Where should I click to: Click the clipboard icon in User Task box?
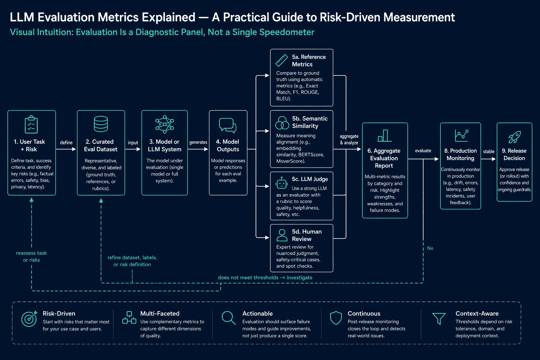pos(31,124)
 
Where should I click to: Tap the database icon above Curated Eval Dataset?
pos(101,124)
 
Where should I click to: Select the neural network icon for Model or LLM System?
pos(165,124)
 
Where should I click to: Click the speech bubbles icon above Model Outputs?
pos(227,126)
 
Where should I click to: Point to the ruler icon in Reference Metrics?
pos(282,60)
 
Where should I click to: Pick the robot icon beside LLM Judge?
pos(281,183)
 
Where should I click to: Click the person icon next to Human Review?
pos(282,235)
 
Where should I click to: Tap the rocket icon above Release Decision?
pos(514,137)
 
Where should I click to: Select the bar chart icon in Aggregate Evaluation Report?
pos(385,135)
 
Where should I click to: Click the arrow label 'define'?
pos(66,142)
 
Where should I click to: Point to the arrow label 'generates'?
pos(198,142)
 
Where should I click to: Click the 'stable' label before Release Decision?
pos(489,152)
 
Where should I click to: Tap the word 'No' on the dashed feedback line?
pos(430,248)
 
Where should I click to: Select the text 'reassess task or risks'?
pos(31,256)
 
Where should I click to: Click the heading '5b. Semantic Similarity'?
pos(310,122)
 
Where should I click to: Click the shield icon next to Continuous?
pos(336,318)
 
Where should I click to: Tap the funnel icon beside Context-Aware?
pos(439,319)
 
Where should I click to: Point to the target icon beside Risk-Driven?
pos(29,319)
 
